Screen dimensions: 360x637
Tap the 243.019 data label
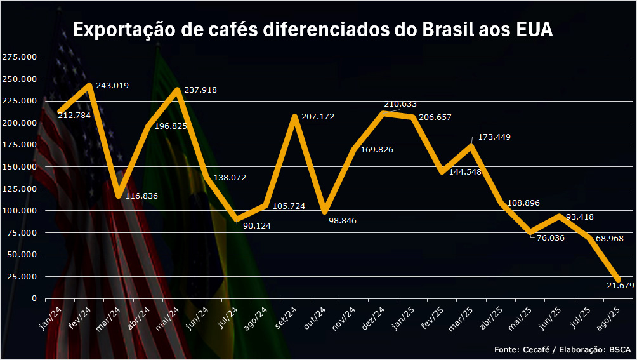point(112,85)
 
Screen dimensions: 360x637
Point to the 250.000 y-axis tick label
point(19,79)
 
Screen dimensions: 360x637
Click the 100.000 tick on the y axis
point(19,210)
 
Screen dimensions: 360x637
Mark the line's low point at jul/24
point(236,220)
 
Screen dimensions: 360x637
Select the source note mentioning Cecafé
point(562,349)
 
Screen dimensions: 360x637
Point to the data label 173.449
point(494,137)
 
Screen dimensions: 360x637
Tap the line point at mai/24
point(177,90)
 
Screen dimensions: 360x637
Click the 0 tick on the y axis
point(34,298)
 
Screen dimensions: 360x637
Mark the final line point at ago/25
point(618,279)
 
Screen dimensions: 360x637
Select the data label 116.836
point(141,196)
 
